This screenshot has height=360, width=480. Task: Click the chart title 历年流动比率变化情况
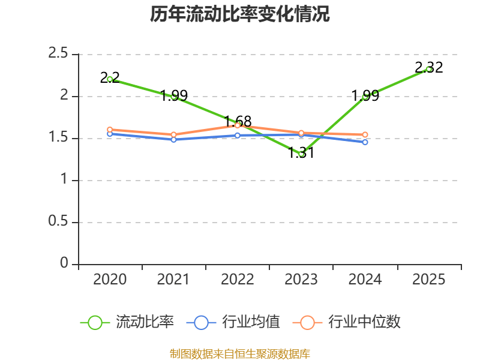[x=240, y=14]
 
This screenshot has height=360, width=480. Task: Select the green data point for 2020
[x=110, y=79]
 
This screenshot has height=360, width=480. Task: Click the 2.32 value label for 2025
[x=428, y=67]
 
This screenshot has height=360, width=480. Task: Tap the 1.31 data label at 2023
[x=301, y=153]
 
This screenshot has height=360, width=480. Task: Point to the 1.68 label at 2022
[x=238, y=121]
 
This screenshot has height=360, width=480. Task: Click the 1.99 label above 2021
[x=174, y=95]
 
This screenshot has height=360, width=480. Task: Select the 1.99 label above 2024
[x=365, y=95]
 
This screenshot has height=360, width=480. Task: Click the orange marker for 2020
[x=110, y=130]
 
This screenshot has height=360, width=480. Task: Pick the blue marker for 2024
[x=365, y=142]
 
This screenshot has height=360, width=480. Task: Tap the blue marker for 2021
[x=173, y=139]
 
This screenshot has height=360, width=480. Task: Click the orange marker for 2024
[x=365, y=135]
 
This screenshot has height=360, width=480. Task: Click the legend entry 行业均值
[x=233, y=322]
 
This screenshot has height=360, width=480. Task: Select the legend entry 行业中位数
[x=347, y=322]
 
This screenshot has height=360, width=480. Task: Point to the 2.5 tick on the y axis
[x=58, y=54]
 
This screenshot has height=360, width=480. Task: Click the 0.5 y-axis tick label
[x=58, y=222]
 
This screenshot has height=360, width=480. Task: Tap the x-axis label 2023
[x=301, y=280]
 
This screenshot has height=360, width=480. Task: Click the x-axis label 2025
[x=428, y=280]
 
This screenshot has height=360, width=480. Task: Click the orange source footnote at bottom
[x=240, y=353]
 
